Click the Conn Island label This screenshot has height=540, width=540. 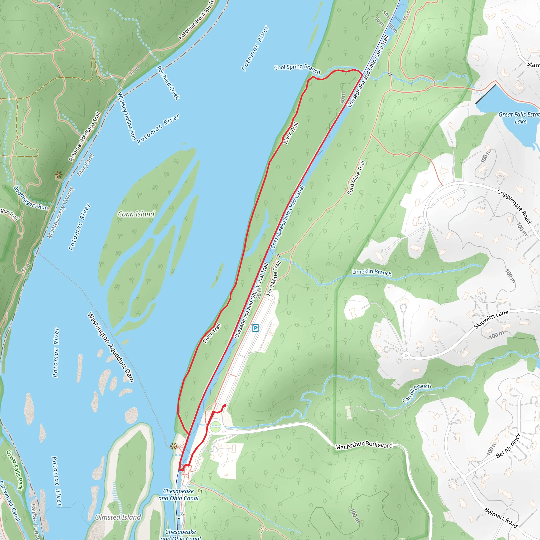pyautogui.click(x=136, y=214)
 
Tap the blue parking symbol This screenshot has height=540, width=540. pyautogui.click(x=255, y=328)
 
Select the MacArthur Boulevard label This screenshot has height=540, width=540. pyautogui.click(x=364, y=446)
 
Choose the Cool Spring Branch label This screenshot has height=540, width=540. pyautogui.click(x=297, y=69)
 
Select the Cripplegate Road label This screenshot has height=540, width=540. pyautogui.click(x=514, y=206)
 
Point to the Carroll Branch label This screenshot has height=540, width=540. pyautogui.click(x=416, y=393)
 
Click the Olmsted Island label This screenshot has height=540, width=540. pyautogui.click(x=118, y=517)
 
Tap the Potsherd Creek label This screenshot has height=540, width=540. pyautogui.click(x=168, y=83)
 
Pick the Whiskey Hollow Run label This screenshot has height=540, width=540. pyautogui.click(x=127, y=117)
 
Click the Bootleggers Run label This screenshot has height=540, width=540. pyautogui.click(x=31, y=198)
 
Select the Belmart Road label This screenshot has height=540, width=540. pyautogui.click(x=501, y=518)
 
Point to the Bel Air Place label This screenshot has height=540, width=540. pyautogui.click(x=508, y=446)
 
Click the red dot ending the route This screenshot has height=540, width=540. pyautogui.click(x=225, y=405)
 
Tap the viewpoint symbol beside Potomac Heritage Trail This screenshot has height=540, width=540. pyautogui.click(x=59, y=176)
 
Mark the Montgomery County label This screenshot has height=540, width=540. pyautogui.click(x=61, y=213)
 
